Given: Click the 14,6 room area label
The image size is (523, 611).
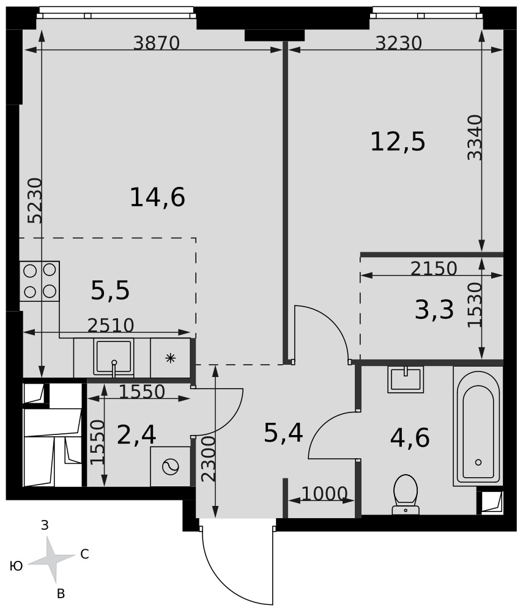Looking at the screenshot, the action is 157,197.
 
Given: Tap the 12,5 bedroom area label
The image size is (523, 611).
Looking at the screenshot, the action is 398,142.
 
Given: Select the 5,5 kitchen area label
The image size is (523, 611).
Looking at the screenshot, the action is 110,291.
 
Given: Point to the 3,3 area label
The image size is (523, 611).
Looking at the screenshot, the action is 434,310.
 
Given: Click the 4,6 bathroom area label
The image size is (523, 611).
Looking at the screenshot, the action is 410,437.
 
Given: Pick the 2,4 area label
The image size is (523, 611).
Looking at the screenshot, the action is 136,435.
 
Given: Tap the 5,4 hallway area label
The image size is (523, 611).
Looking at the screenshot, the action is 284,433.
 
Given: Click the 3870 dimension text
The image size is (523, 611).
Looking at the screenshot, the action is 157,43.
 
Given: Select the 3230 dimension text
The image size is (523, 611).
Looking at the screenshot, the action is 399,43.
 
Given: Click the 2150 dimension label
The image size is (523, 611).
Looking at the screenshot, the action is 434,268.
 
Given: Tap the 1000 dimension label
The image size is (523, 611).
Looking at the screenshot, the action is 324,494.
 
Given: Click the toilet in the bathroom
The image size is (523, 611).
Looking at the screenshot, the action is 406,494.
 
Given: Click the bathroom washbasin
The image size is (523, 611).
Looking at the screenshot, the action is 406,379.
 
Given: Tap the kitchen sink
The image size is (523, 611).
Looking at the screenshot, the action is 114,357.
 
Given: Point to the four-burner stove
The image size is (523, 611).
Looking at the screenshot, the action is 40,281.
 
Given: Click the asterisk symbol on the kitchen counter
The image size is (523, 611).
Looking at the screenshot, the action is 170,358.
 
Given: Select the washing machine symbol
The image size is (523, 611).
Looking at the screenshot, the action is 170,466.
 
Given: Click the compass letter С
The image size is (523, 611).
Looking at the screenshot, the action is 84,554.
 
